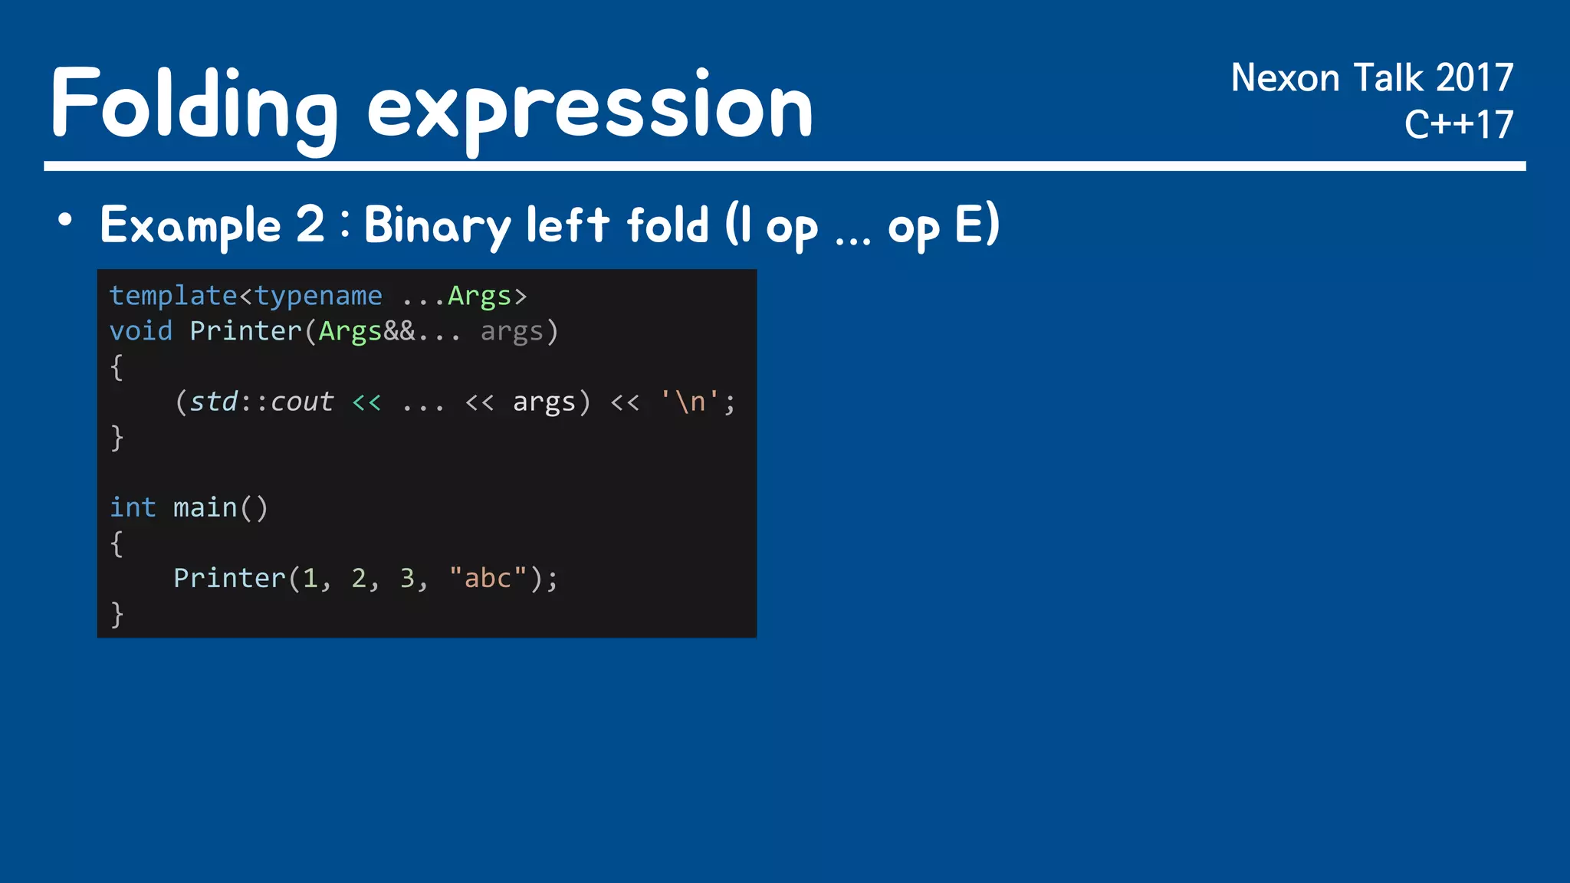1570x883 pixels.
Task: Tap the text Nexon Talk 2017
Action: (1371, 78)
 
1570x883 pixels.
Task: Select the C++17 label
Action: (1458, 124)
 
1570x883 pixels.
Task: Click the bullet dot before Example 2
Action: (65, 221)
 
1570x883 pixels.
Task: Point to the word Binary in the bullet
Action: (437, 225)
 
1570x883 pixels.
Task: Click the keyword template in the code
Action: (173, 296)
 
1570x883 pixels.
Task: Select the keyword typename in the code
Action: (318, 296)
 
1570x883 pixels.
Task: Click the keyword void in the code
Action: (141, 331)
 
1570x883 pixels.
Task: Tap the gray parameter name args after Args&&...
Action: (511, 331)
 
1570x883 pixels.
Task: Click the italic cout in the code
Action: (302, 402)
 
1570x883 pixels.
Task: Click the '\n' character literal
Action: (690, 402)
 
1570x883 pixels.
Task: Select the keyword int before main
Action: (133, 507)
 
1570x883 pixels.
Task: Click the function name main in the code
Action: (205, 507)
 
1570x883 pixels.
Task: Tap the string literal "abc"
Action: (488, 578)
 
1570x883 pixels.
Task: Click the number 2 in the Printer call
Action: (359, 578)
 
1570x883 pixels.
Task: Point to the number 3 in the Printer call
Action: (407, 578)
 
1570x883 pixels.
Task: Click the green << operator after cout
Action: (366, 402)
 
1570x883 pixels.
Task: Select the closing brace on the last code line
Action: (117, 614)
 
